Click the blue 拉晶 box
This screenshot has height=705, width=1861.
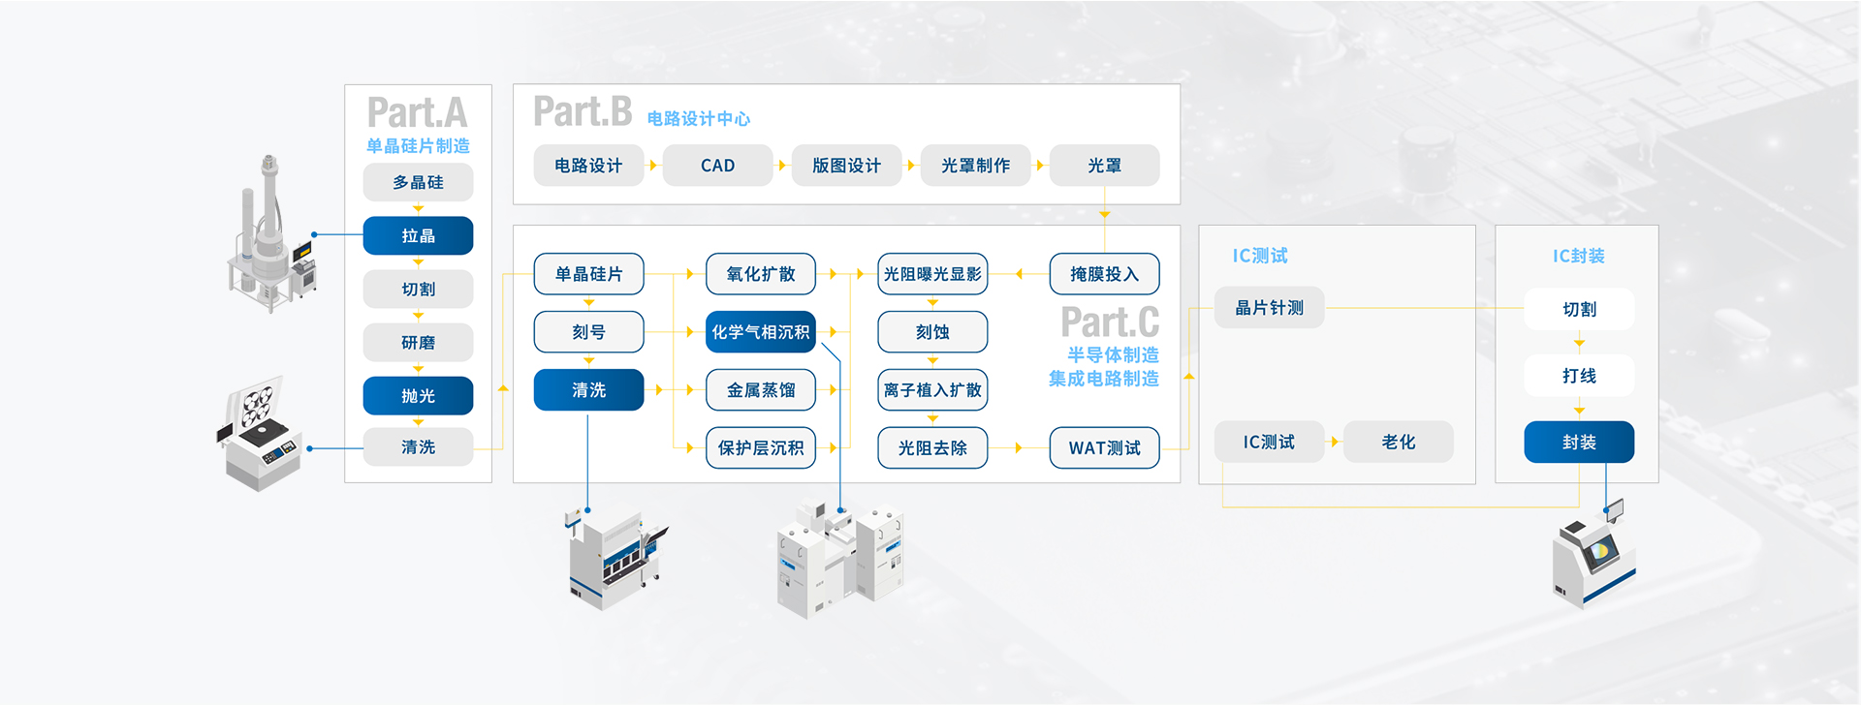[x=418, y=235]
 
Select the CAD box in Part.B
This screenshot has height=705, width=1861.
[x=717, y=166]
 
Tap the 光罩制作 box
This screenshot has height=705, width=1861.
[x=975, y=166]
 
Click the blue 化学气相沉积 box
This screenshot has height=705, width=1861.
[x=760, y=332]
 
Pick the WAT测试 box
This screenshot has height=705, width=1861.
[x=1104, y=448]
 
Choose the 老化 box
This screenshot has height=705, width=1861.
[x=1398, y=442]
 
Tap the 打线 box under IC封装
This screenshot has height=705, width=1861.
[x=1579, y=376]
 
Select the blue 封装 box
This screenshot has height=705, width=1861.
[x=1579, y=442]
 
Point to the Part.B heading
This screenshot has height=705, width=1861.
[x=583, y=112]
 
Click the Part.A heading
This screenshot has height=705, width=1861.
[x=417, y=113]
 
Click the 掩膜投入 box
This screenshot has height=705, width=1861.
[x=1104, y=274]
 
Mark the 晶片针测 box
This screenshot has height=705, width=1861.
[x=1269, y=308]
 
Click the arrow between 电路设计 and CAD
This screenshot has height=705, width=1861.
[x=653, y=166]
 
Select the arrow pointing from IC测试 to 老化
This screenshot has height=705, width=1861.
[x=1335, y=442]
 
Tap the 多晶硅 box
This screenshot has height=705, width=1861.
[x=418, y=182]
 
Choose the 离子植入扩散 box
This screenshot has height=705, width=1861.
[x=932, y=390]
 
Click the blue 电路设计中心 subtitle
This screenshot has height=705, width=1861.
[x=698, y=119]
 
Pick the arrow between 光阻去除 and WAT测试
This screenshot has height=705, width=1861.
[x=1018, y=448]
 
